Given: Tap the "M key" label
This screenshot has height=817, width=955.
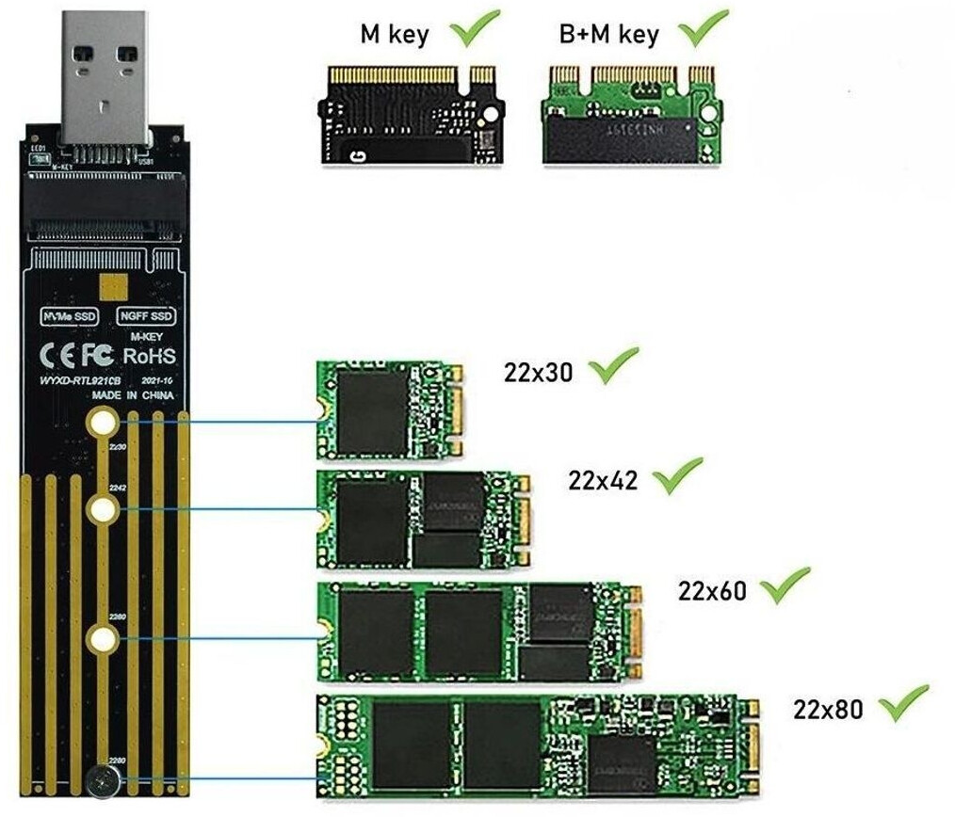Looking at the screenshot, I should (x=395, y=35).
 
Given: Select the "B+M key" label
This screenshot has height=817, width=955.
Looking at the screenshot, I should (x=608, y=35).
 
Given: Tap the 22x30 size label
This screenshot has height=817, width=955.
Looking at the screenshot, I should (x=538, y=372).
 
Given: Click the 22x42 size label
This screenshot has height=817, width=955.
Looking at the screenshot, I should (x=603, y=481).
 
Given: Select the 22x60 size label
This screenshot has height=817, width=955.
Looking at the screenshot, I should (x=712, y=590).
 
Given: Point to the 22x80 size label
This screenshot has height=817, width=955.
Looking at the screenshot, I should (x=828, y=709).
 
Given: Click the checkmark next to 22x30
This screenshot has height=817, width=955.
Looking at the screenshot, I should (x=612, y=365).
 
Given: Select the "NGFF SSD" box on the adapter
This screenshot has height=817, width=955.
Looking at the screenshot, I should (x=145, y=317).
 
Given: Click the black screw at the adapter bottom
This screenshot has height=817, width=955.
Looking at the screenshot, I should (x=101, y=779).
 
